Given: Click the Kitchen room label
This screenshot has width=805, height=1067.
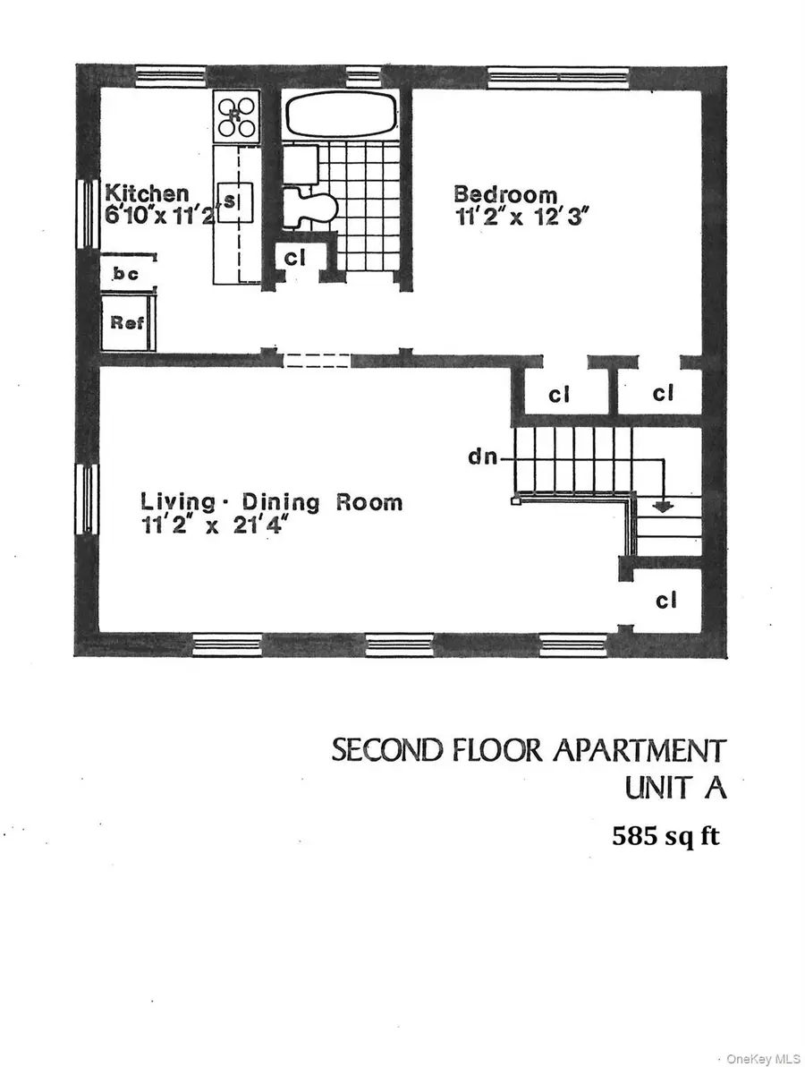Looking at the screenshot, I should point(147,193).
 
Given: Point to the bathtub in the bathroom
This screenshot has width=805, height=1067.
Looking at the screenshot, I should point(341,115).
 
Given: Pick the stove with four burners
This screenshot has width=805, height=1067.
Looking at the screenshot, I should point(236,115).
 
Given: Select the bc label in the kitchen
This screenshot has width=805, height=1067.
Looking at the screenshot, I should point(126,274).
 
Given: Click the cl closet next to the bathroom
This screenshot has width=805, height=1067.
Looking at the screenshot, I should point(295,258).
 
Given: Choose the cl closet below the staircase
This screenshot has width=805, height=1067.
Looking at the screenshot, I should point(665,601).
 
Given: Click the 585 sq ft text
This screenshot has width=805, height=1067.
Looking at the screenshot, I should point(665,837).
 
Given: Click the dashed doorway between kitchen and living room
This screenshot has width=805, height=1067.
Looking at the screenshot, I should point(317,361).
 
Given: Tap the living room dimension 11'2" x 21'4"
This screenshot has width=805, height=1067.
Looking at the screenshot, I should point(217,527).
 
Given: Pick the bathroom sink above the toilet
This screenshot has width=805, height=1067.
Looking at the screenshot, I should point(298,163).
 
